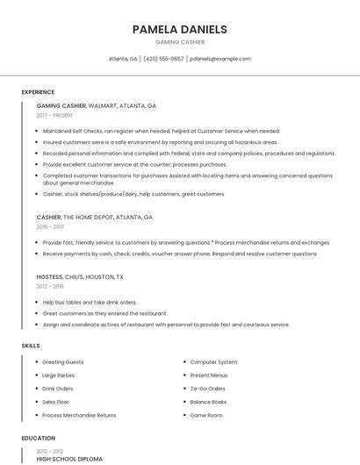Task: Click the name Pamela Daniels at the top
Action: (179, 29)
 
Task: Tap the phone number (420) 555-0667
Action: (163, 59)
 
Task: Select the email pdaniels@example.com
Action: (220, 59)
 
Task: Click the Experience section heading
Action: (38, 92)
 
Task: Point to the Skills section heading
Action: (31, 346)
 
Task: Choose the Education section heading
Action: (38, 438)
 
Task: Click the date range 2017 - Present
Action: (55, 115)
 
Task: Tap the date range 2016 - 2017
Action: (50, 226)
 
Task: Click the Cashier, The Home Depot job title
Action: (94, 217)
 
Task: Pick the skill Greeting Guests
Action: (62, 362)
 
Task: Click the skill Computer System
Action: (213, 362)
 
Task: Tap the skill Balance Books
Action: (208, 402)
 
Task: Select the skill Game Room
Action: (206, 415)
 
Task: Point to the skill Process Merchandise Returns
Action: (79, 415)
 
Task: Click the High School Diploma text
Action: (69, 459)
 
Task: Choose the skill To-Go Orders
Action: (207, 389)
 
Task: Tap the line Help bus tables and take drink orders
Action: (90, 302)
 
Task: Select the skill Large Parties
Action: (59, 376)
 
